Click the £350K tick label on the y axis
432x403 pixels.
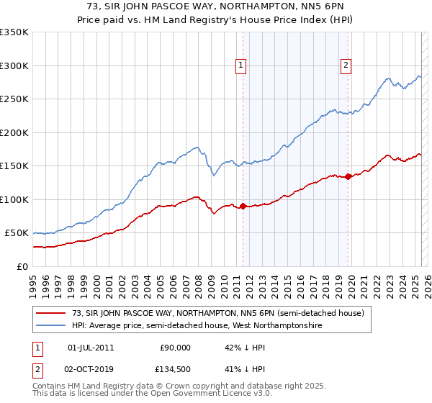point(14,32)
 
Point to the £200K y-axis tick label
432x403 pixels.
point(14,132)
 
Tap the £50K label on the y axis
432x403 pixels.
point(16,233)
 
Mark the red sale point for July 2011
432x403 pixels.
point(243,206)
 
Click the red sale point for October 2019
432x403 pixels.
point(348,176)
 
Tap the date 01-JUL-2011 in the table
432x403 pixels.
point(91,348)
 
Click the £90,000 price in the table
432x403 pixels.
point(176,348)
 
